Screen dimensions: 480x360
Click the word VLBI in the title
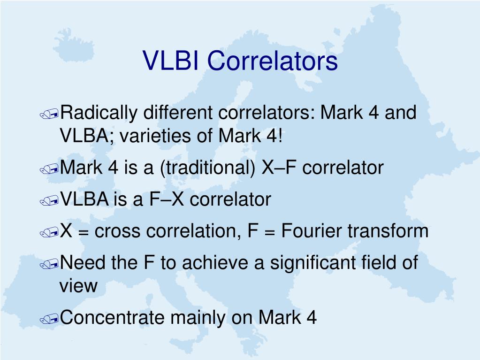click(170, 60)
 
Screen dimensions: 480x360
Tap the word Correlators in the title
click(273, 60)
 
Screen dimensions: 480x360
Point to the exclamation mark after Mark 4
click(280, 135)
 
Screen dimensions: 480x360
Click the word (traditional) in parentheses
click(207, 168)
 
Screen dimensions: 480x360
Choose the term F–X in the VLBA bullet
click(167, 199)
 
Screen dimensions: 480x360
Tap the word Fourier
click(309, 230)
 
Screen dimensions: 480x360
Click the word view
click(78, 286)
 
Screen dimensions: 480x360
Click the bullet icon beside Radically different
click(49, 115)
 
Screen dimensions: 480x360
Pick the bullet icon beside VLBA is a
click(49, 201)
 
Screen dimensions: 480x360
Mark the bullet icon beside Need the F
click(49, 264)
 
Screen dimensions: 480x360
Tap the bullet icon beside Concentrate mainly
click(49, 319)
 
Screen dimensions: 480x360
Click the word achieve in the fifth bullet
click(215, 263)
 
